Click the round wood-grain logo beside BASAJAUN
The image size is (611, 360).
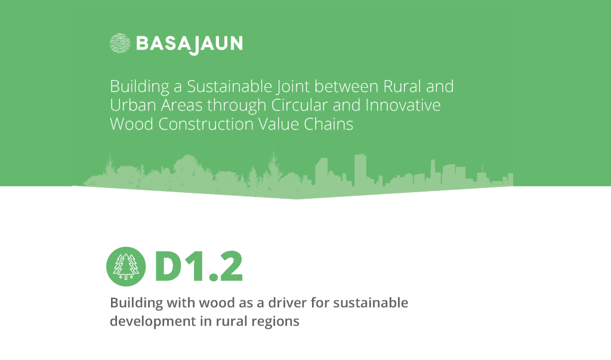pos(120,43)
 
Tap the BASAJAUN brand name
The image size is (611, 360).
pos(189,44)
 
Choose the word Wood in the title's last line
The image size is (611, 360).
pos(132,124)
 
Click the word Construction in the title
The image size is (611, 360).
pos(206,124)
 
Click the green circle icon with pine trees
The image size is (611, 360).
pos(126,267)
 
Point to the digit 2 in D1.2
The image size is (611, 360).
pos(231,266)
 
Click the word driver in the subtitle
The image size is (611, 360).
pos(287,303)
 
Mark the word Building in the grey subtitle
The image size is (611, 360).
pos(137,303)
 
